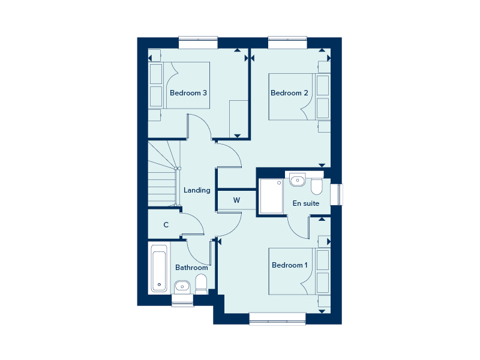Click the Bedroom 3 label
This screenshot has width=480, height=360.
tap(188, 93)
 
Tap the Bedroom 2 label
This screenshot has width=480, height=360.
tap(289, 93)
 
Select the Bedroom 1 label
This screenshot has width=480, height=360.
tap(290, 265)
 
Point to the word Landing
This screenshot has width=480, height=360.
tap(197, 190)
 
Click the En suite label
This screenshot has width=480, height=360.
tap(306, 203)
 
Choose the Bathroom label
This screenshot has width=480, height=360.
tap(191, 268)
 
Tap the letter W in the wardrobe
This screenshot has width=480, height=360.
tap(236, 200)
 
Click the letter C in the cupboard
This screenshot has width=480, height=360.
tap(166, 225)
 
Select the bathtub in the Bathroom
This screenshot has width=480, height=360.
tap(159, 268)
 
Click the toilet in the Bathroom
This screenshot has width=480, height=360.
tap(202, 283)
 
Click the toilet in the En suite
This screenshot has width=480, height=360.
tap(316, 186)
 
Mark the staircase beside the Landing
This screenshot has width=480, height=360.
tap(164, 174)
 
